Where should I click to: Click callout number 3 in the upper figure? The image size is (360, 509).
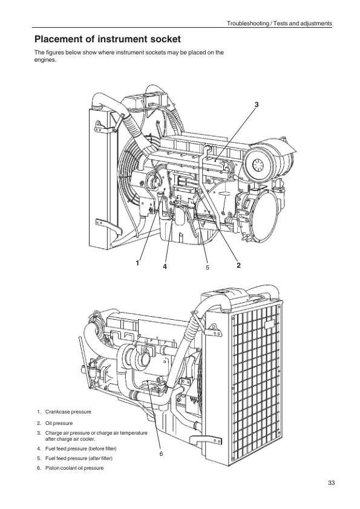(x=257, y=105)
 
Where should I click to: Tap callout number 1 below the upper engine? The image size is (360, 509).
(x=137, y=263)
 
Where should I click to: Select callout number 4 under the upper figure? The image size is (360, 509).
(x=165, y=267)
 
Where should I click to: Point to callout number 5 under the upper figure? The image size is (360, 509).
(x=207, y=267)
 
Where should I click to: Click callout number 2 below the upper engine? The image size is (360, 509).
(x=239, y=265)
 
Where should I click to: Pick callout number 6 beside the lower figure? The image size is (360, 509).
(x=161, y=454)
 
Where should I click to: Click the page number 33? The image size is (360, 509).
(x=331, y=483)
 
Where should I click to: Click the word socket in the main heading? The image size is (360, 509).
(x=165, y=39)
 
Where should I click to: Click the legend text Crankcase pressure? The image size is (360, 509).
(x=68, y=412)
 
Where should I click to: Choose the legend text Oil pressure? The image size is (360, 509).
(x=59, y=423)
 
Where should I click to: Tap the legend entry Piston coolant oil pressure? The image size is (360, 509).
(x=74, y=468)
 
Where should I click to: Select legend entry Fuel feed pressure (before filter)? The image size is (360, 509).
(x=81, y=449)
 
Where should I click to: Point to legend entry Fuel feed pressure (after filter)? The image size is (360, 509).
(x=79, y=458)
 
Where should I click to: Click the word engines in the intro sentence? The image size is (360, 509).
(x=45, y=60)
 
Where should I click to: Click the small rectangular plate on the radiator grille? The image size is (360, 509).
(x=270, y=325)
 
